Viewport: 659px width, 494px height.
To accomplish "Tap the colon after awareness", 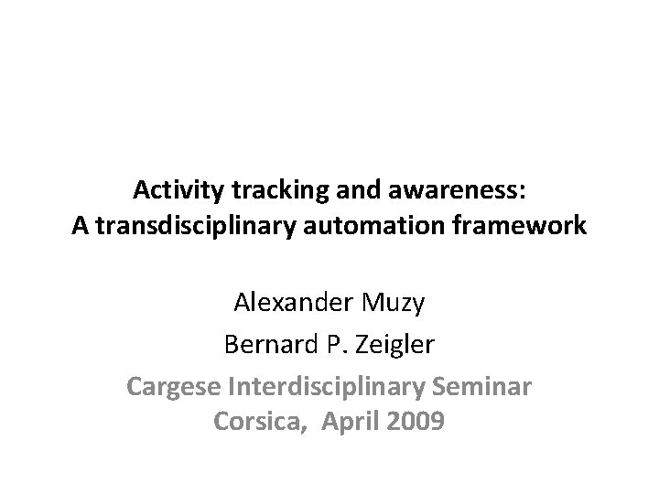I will point(522,192).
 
